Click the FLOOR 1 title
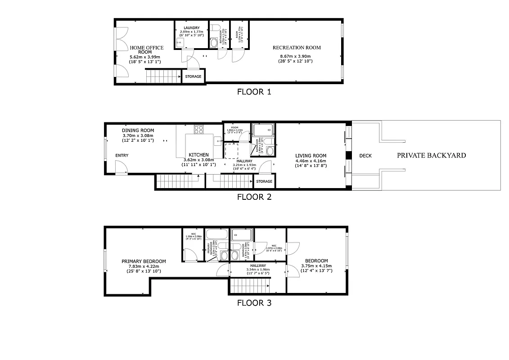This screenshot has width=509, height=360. [x=254, y=92]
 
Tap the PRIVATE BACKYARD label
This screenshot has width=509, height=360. [x=431, y=156]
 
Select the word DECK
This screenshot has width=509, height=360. [x=365, y=156]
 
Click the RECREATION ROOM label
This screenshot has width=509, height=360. [x=297, y=48]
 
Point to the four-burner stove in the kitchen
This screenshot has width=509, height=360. [x=199, y=130]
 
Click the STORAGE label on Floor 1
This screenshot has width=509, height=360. [x=193, y=76]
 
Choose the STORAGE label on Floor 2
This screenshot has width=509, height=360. [x=264, y=181]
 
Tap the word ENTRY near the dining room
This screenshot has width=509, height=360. [x=122, y=156]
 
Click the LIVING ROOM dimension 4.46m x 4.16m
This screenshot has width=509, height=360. [x=311, y=161]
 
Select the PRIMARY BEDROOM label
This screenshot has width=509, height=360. [x=144, y=261]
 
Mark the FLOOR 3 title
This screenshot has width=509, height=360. [x=254, y=303]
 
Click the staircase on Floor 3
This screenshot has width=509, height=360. [x=250, y=285]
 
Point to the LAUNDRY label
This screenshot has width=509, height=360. [x=191, y=28]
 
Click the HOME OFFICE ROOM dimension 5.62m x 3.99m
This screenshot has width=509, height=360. [x=145, y=57]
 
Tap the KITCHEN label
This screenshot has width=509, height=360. [x=198, y=154]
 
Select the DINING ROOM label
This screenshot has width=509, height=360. [x=138, y=130]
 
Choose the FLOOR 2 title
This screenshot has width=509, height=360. [x=254, y=197]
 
